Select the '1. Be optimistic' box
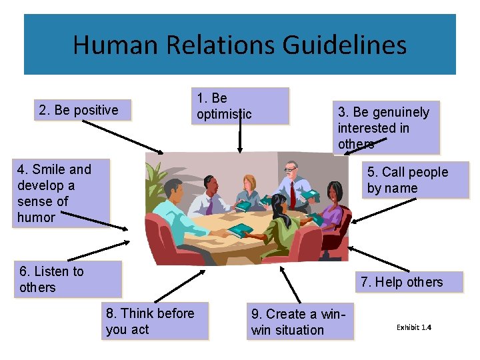pyautogui.click(x=240, y=106)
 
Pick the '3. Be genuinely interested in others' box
pyautogui.click(x=386, y=128)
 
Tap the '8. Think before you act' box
pyautogui.click(x=155, y=321)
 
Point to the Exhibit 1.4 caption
pyautogui.click(x=414, y=327)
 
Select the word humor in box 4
pyautogui.click(x=37, y=217)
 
